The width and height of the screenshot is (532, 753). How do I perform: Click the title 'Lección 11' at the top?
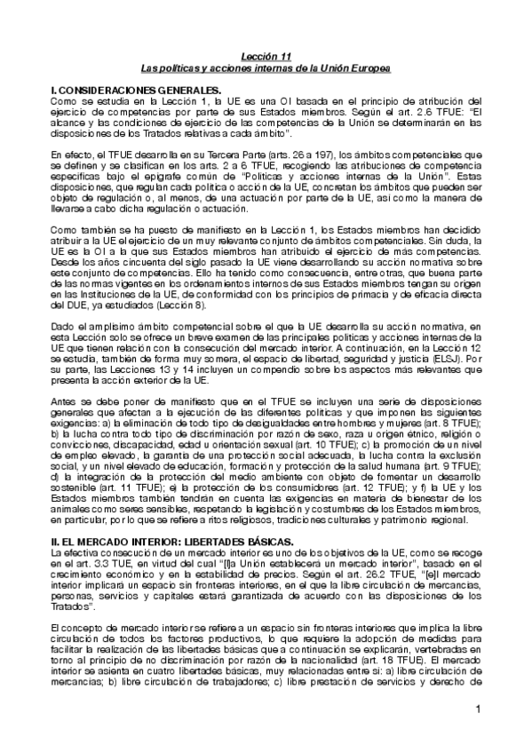point(266,56)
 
